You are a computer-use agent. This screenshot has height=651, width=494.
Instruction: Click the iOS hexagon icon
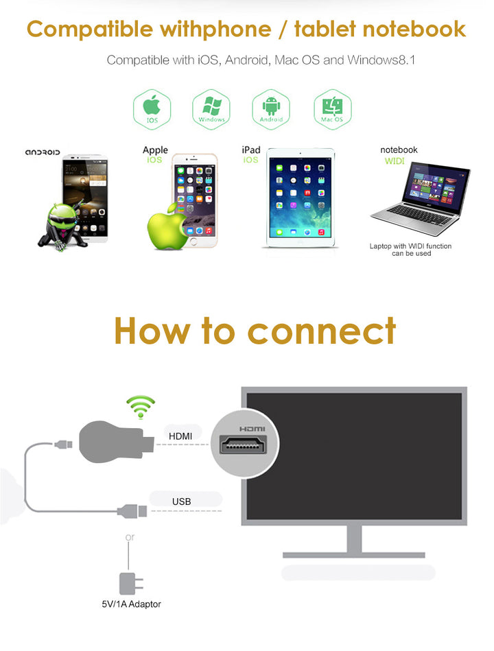pyautogui.click(x=152, y=109)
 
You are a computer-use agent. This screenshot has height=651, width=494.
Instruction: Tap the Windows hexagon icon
pyautogui.click(x=211, y=109)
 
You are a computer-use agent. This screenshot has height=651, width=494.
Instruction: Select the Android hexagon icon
pyautogui.click(x=271, y=109)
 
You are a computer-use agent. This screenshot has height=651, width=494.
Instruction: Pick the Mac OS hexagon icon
pyautogui.click(x=332, y=109)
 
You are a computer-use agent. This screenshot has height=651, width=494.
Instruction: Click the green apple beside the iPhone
pyautogui.click(x=165, y=226)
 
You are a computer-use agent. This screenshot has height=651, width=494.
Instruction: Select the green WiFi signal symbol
pyautogui.click(x=141, y=406)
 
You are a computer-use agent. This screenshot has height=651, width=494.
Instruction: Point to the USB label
pyautogui.click(x=181, y=501)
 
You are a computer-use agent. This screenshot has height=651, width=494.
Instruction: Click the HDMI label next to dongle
pyautogui.click(x=180, y=436)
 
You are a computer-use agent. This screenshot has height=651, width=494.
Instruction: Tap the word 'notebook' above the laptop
pyautogui.click(x=399, y=150)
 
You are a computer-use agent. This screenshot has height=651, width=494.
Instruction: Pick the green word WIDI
pyautogui.click(x=395, y=161)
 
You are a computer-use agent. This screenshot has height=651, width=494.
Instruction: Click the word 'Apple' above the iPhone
pyautogui.click(x=155, y=150)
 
